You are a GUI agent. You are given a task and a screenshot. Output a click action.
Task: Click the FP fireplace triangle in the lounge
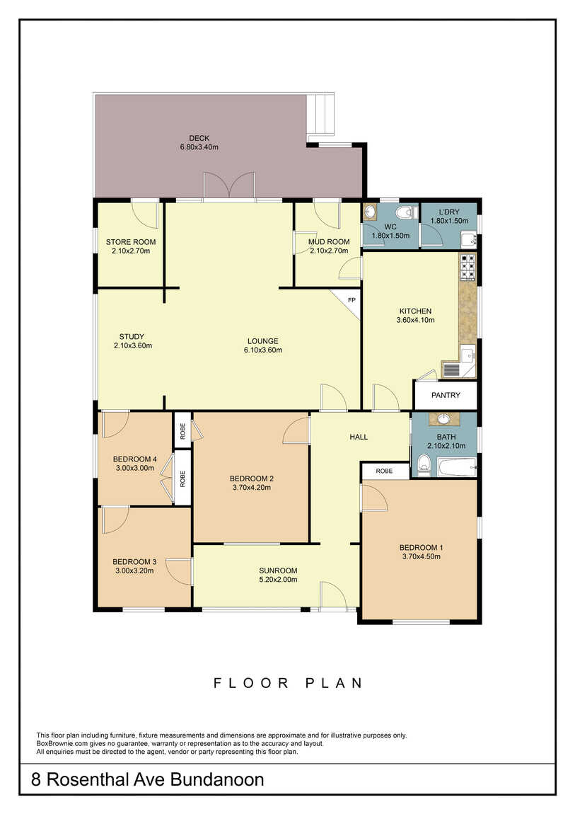pos(352,300)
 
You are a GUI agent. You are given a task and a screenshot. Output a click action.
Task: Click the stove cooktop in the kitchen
pos(468,266)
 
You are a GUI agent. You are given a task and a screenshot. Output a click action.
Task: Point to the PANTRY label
pos(446,395)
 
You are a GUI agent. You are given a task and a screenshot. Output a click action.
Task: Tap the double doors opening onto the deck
pos(228,186)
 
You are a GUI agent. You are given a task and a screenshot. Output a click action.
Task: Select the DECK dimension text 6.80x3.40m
pos(199,147)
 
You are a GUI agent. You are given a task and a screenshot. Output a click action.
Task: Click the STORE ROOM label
pos(131,242)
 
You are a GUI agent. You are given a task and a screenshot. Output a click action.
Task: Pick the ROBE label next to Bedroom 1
pos(384,471)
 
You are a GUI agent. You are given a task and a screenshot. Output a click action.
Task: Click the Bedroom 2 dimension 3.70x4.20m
pos(252,488)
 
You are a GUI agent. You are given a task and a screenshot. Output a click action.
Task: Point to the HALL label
pos(359,437)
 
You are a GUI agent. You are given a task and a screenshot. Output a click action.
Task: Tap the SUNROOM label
pos(278,571)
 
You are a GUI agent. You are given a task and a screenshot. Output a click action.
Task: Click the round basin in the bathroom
pos(444,418)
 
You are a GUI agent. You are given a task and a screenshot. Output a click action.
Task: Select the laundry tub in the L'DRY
pos(469,241)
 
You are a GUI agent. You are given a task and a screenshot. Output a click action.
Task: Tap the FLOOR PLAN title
pos(288,682)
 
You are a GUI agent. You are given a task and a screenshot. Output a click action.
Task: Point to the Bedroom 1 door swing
pos(374,498)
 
